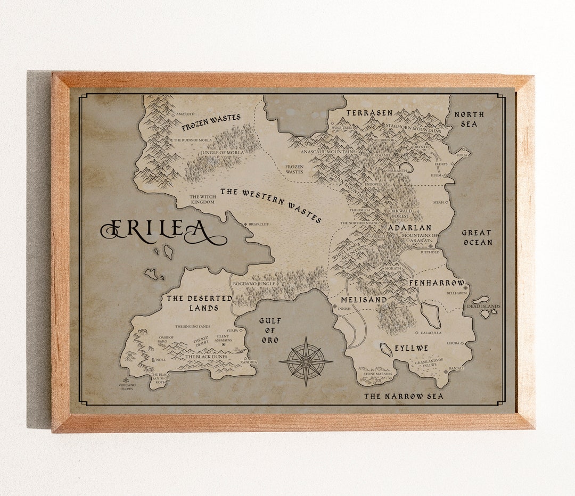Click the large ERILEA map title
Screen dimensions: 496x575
pos(162,230)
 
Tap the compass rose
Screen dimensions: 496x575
pos(306,361)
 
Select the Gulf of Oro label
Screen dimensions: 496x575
pos(269,330)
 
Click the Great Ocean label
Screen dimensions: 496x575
pos(477,237)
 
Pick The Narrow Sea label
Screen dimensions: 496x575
pos(404,396)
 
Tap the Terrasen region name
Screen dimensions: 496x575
pos(369,113)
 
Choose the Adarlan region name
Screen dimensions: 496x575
pos(409,228)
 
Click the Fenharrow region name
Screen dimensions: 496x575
pos(437,283)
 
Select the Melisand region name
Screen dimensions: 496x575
pos(364,300)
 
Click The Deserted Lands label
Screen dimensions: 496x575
pos(199,303)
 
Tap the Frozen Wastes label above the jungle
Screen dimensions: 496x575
pos(211,122)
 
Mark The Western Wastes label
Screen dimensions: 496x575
pos(270,205)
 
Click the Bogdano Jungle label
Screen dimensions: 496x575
pos(254,284)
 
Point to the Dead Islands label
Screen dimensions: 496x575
pos(483,306)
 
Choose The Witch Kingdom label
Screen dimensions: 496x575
pos(202,199)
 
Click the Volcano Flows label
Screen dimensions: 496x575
pos(127,387)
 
